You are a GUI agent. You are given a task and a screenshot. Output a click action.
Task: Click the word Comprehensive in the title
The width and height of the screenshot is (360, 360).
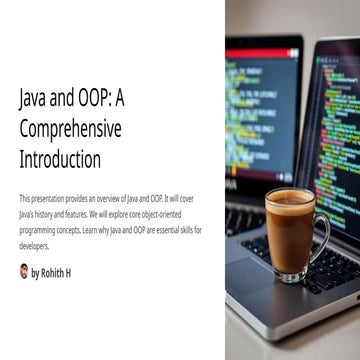coord(70,129)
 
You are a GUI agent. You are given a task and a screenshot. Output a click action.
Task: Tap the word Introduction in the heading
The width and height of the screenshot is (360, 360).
coord(60,158)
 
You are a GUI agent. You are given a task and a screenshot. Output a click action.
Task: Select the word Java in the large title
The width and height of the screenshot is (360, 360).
coord(34,100)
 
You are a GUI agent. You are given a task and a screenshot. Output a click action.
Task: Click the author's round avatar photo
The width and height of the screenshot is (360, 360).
coord(24,271)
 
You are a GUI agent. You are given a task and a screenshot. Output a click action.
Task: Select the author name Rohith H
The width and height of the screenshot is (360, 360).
coord(56,272)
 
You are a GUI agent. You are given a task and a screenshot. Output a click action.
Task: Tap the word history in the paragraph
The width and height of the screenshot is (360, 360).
coord(48,215)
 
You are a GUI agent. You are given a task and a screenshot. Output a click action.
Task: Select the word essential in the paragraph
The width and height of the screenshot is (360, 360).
coord(158,230)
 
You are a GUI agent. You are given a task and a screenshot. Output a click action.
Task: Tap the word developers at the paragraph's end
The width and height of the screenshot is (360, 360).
coord(34,245)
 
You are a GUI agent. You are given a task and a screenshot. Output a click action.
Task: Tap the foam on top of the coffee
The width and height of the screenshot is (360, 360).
coord(289,197)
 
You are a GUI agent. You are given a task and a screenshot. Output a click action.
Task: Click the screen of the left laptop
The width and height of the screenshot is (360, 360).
coord(262,110)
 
